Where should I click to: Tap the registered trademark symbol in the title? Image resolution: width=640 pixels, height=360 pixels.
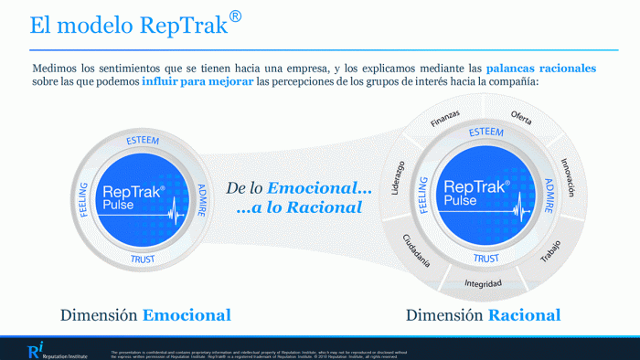pos(236,17)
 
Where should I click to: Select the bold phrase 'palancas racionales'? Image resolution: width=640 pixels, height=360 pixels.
pos(540,68)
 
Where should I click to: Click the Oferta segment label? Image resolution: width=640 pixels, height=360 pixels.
pos(521,117)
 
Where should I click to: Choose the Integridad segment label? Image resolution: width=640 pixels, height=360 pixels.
pos(483,283)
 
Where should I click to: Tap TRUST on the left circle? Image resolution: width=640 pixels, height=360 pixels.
pos(143,259)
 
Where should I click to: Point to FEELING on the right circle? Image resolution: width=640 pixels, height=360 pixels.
pos(424,196)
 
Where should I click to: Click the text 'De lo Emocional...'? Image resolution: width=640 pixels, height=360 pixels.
pos(299,187)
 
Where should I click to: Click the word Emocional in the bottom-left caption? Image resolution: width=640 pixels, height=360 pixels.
pos(186,315)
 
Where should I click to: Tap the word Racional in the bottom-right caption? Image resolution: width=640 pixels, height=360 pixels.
pos(523,315)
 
